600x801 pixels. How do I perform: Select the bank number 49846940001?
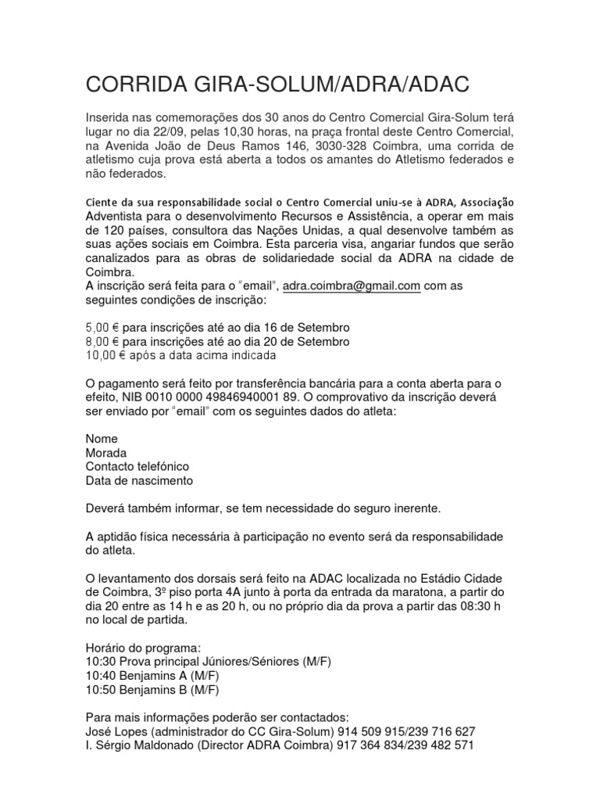point(237,397)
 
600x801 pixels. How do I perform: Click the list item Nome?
point(102,439)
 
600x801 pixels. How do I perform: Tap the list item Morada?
point(105,453)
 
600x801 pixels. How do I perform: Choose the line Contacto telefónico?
point(137,467)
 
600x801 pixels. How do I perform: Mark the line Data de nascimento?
point(139,480)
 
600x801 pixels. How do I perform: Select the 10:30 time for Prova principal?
point(99,662)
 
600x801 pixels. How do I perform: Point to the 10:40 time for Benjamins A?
point(99,676)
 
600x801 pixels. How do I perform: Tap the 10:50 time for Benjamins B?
point(99,690)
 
